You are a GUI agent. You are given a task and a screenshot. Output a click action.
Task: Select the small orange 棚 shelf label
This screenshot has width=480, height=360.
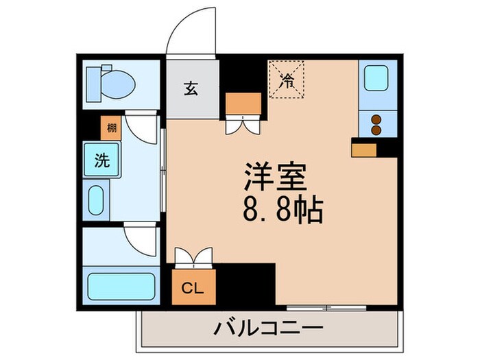[111, 128]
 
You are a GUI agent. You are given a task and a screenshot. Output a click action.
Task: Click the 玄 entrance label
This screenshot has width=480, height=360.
[191, 90]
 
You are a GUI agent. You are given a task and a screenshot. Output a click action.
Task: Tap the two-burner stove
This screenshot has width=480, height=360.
[376, 124]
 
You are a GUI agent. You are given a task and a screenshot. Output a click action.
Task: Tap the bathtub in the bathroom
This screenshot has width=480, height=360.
[121, 285]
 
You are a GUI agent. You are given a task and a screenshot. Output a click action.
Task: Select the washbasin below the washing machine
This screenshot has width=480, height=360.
[96, 200]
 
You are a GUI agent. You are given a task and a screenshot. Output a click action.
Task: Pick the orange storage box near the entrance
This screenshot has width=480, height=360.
[243, 104]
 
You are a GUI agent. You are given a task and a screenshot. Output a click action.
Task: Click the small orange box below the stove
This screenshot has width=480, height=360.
[364, 149]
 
